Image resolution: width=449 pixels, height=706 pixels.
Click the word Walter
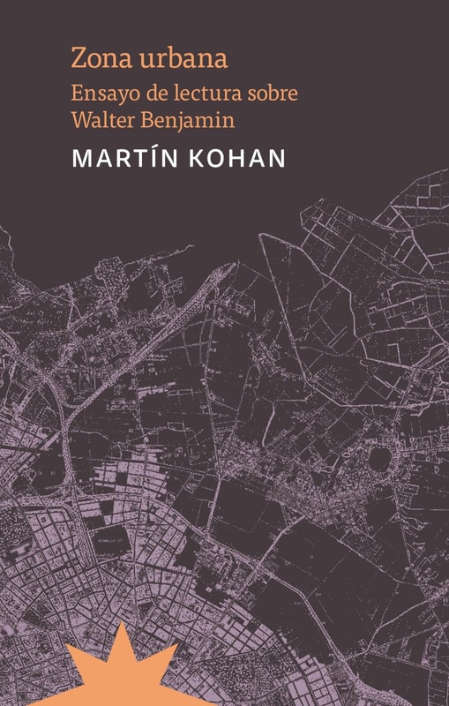(107, 117)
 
